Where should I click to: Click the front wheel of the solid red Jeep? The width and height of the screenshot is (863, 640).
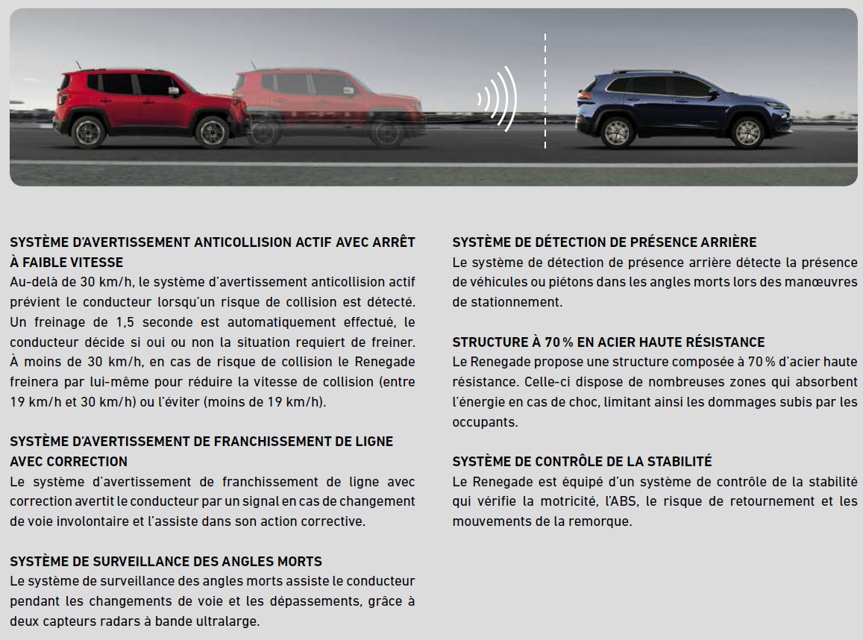click(x=211, y=132)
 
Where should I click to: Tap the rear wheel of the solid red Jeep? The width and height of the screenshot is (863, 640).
click(x=89, y=132)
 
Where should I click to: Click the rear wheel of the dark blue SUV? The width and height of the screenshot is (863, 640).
click(x=618, y=132)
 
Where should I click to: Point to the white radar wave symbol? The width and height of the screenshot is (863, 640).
click(x=498, y=98)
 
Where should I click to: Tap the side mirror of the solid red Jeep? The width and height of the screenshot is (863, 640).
click(x=174, y=90)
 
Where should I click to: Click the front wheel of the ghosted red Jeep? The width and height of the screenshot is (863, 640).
click(x=387, y=132)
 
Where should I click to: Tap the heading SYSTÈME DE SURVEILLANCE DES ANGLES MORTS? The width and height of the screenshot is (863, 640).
click(x=166, y=561)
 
